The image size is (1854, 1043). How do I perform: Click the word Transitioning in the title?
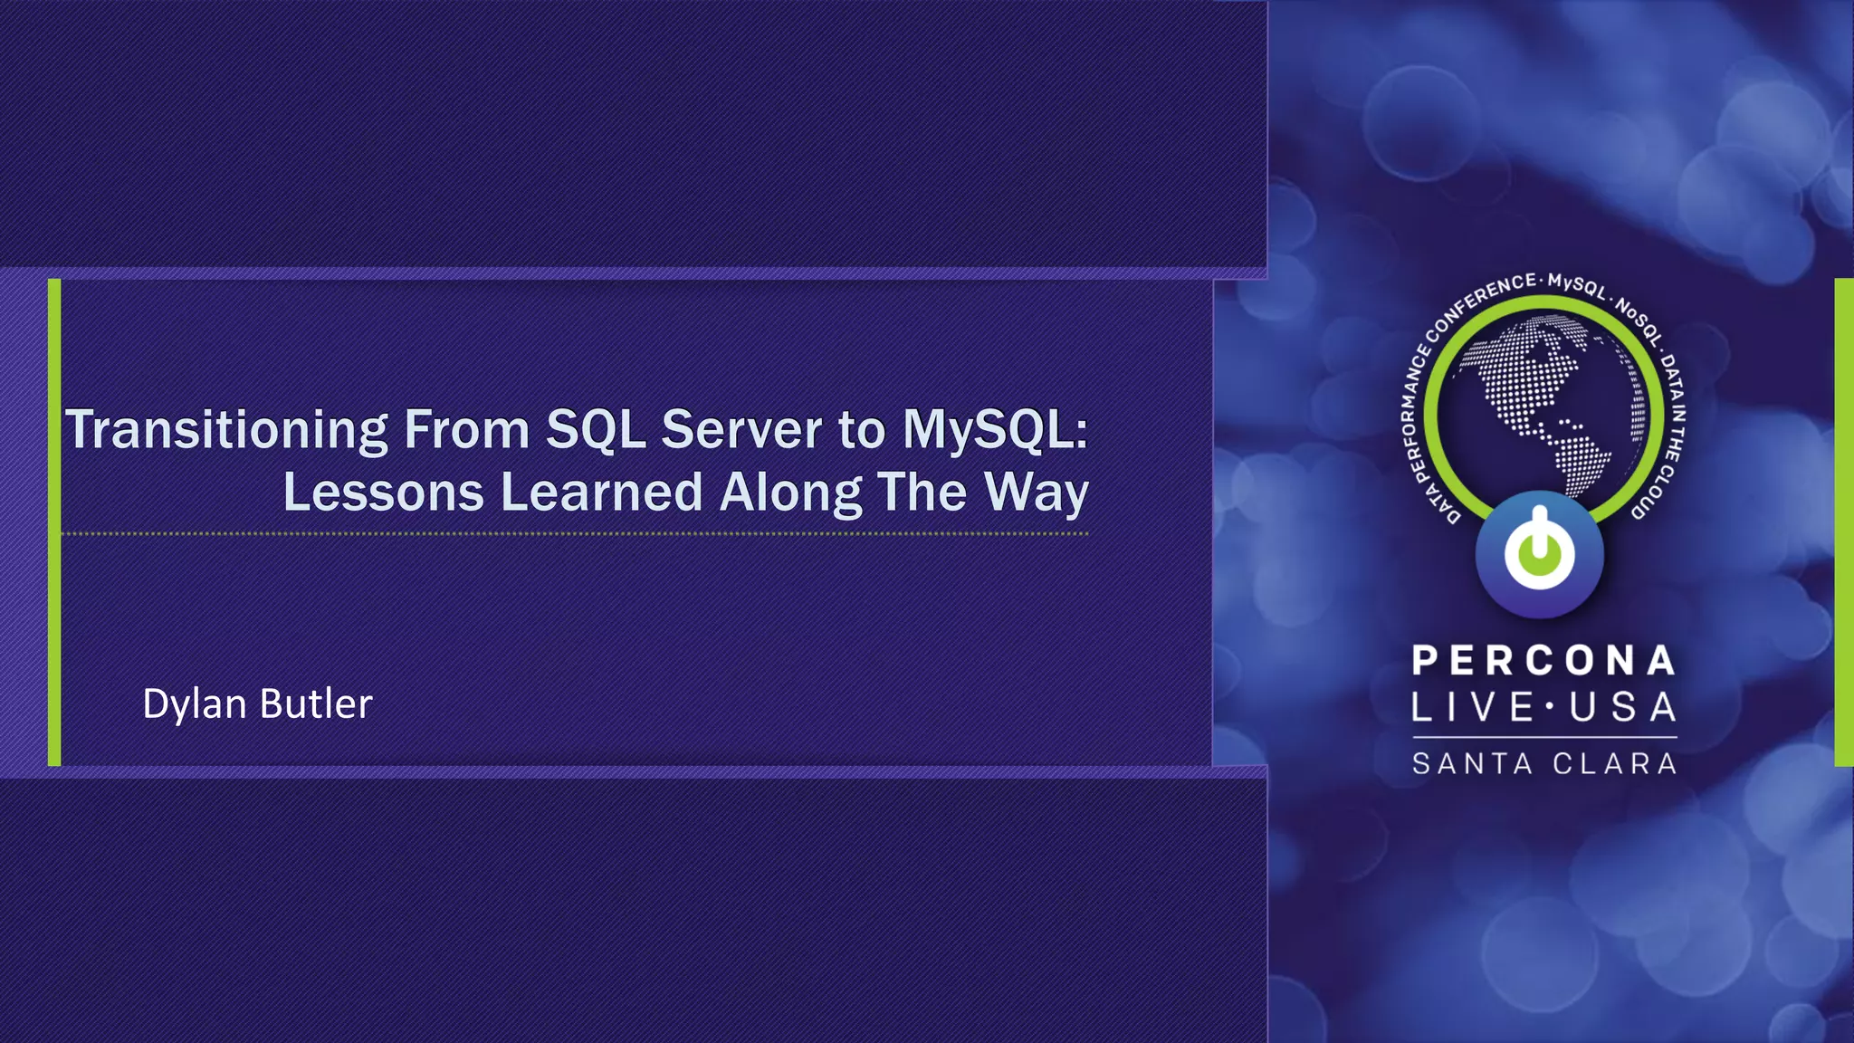[x=226, y=430]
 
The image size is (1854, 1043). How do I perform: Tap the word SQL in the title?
[x=596, y=430]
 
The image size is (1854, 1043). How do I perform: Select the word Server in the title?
[x=741, y=430]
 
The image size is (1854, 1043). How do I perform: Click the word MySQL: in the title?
[x=995, y=430]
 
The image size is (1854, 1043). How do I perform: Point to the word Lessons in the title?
[x=384, y=493]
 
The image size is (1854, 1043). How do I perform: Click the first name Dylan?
[x=195, y=704]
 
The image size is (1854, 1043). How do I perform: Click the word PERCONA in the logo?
[x=1543, y=661]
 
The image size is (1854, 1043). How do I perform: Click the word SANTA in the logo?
[x=1472, y=764]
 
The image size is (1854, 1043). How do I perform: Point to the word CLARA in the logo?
[x=1615, y=764]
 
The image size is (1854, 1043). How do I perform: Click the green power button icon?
[x=1539, y=553]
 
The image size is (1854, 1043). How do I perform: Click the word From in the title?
[x=466, y=430]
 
